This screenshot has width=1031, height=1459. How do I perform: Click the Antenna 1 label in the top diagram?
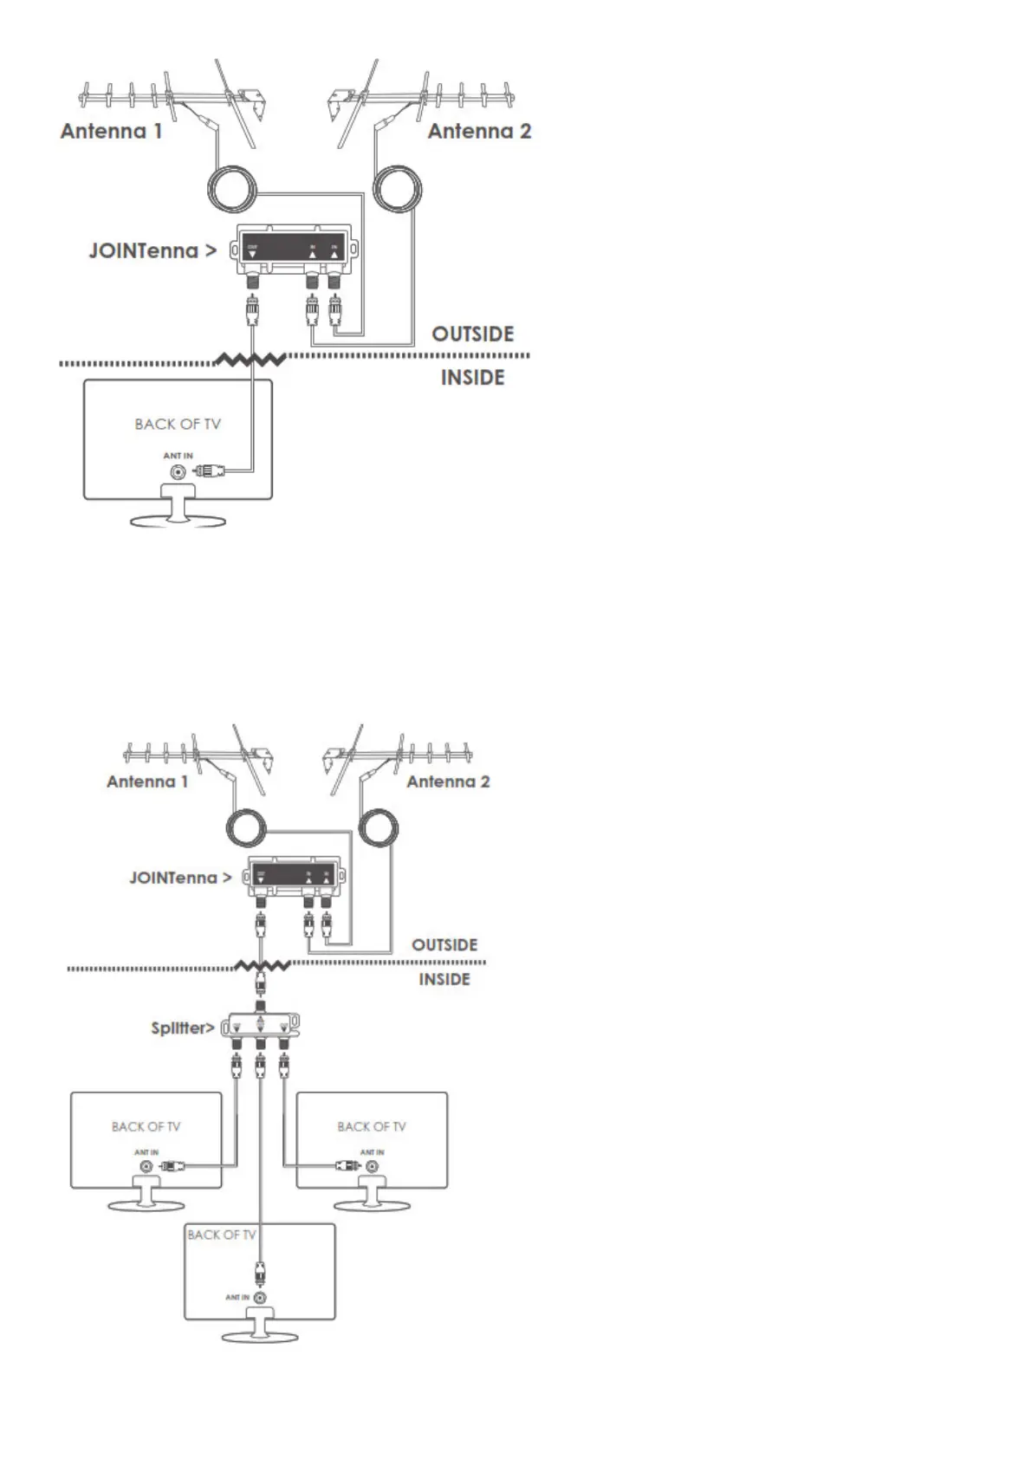[111, 132]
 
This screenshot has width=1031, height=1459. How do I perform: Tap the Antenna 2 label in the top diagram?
[479, 132]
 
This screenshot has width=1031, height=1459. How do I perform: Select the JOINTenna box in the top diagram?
[293, 250]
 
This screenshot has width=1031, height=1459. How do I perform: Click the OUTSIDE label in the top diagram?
[473, 334]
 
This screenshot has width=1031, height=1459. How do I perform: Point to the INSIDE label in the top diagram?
[472, 378]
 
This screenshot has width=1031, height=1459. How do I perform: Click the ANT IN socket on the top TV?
[178, 472]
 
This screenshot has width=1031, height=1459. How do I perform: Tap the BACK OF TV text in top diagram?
[178, 425]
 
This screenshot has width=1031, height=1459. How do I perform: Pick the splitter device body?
[261, 1028]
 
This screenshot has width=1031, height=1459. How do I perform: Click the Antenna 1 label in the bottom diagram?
[147, 781]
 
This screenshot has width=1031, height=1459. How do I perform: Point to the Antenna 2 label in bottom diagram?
[448, 781]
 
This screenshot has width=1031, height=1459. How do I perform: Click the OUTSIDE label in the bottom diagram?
[444, 944]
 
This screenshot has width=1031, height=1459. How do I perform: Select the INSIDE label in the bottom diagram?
[444, 980]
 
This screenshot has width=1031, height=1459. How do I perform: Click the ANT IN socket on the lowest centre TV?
[259, 1298]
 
